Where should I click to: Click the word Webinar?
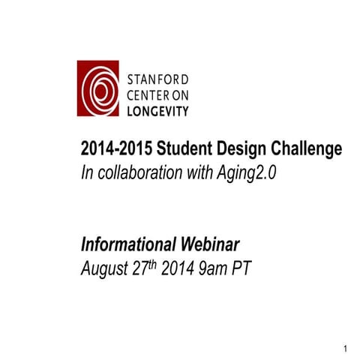(x=211, y=244)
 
